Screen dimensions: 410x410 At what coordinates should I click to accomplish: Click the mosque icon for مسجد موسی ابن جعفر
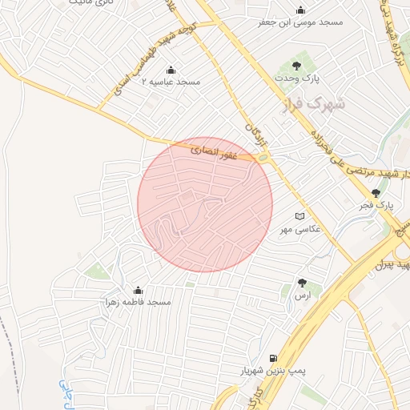tap(300, 10)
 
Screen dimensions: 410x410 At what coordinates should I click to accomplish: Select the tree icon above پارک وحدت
tap(297, 66)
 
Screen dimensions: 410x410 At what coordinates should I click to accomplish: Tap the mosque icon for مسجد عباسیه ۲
tap(171, 70)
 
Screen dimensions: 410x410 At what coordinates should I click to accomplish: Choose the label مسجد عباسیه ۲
tap(171, 82)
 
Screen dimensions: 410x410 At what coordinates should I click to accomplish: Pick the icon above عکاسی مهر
tap(300, 216)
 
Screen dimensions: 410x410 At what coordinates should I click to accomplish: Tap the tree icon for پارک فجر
tap(376, 192)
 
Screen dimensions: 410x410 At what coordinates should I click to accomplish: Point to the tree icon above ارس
tap(302, 283)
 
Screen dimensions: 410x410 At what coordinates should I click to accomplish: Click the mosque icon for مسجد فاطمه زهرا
tap(138, 290)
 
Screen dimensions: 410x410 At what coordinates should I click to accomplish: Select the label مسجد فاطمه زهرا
tap(138, 302)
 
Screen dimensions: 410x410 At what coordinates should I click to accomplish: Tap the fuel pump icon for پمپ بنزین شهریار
tap(274, 359)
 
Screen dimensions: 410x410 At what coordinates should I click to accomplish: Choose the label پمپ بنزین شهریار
tap(275, 372)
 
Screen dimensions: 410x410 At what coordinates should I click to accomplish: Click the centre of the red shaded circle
tap(205, 204)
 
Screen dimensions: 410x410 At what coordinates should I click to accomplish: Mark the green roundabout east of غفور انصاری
tap(263, 158)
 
